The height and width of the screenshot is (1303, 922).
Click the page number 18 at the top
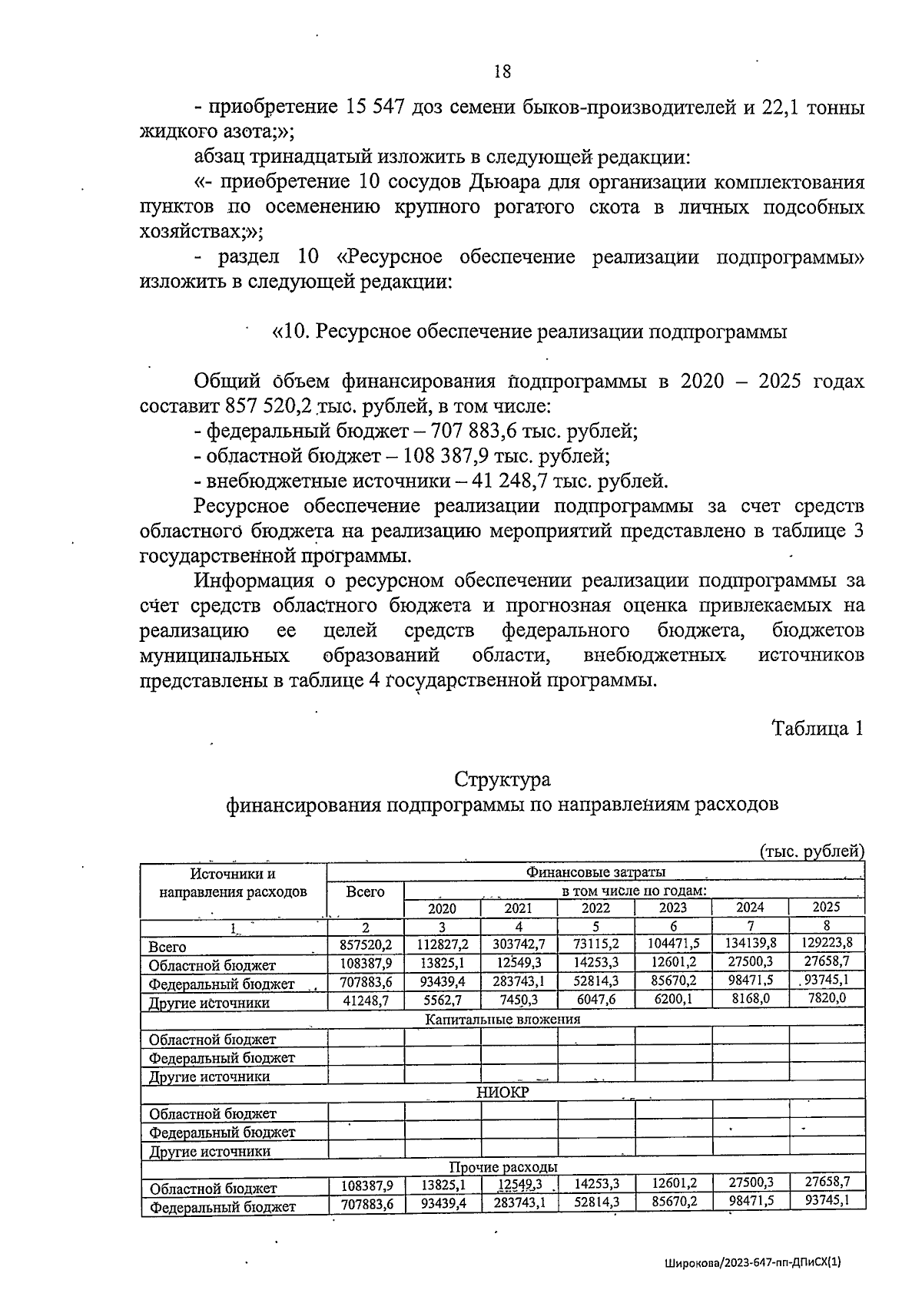tap(502, 71)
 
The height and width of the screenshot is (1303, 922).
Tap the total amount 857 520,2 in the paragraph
tap(264, 406)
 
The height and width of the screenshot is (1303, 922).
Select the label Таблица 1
tap(818, 728)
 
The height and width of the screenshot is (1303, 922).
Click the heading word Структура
tap(502, 779)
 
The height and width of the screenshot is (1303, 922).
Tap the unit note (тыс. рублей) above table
tap(811, 851)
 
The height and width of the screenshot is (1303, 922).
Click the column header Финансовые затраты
tap(595, 872)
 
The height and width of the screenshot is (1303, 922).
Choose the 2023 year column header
tap(673, 908)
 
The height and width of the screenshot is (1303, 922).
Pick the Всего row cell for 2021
tap(519, 944)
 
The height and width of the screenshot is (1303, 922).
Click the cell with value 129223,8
tap(827, 943)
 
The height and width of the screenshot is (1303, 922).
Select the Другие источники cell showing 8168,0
tap(751, 999)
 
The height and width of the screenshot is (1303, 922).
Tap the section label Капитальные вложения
tap(503, 1020)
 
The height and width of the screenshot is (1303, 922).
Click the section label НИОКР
tap(502, 1093)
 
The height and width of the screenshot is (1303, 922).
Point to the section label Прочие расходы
tap(503, 1167)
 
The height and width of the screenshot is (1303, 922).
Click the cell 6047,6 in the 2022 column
tap(596, 1000)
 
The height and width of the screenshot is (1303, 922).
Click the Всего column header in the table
tap(365, 891)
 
